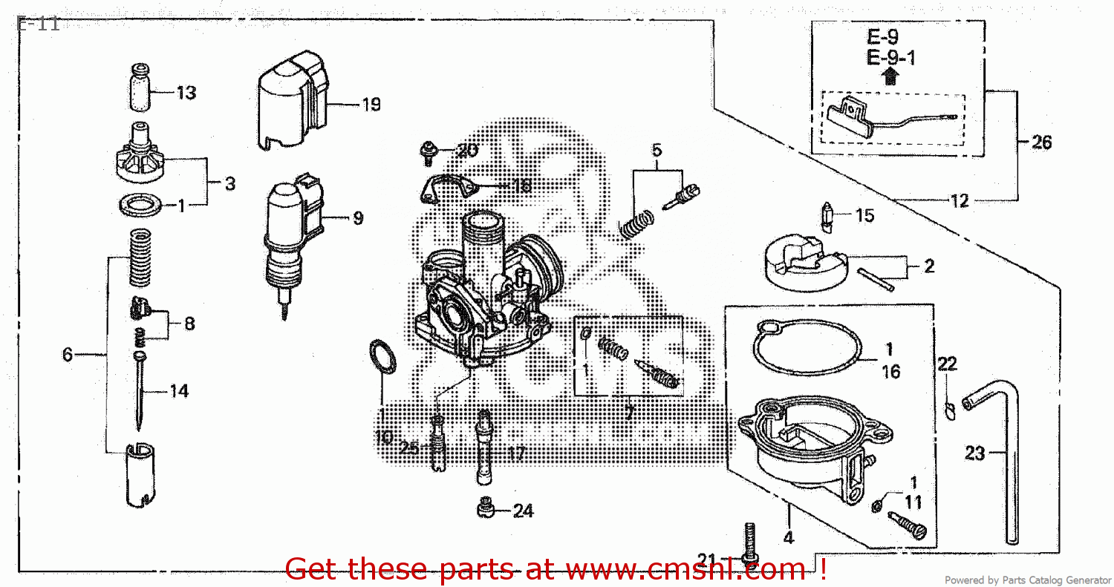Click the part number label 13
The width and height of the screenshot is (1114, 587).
pyautogui.click(x=186, y=93)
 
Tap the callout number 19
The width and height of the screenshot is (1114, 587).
pyautogui.click(x=371, y=105)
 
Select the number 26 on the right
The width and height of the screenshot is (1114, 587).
pyautogui.click(x=1042, y=142)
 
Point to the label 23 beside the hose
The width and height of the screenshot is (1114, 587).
pyautogui.click(x=974, y=452)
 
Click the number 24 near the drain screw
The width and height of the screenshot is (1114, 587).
pyautogui.click(x=523, y=511)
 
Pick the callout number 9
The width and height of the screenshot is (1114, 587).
pyautogui.click(x=358, y=218)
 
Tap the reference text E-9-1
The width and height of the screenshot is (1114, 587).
pyautogui.click(x=890, y=57)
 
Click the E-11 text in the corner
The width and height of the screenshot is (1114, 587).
pyautogui.click(x=37, y=23)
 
